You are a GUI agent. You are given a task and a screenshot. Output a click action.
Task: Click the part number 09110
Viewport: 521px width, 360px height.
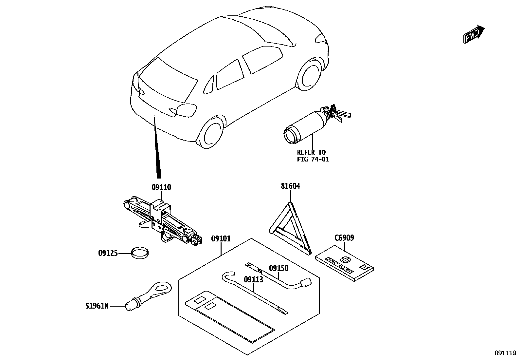click(161, 187)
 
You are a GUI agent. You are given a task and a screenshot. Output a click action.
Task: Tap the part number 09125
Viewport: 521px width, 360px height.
click(108, 253)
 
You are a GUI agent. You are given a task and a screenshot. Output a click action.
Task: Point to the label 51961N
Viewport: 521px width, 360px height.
click(97, 306)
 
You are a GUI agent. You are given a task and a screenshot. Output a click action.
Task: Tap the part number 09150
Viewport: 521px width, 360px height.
click(278, 268)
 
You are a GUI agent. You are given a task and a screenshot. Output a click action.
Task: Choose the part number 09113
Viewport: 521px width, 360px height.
click(254, 279)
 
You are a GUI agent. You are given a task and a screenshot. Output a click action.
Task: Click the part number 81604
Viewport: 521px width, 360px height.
click(290, 186)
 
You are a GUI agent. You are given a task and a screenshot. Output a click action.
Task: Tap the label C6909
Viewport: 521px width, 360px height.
click(344, 238)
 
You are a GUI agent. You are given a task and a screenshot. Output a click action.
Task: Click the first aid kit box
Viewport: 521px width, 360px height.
click(345, 264)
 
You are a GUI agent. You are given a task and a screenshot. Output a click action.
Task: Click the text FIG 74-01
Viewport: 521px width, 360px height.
click(313, 160)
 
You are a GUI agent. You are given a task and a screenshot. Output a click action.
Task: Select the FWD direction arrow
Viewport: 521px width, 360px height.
click(474, 34)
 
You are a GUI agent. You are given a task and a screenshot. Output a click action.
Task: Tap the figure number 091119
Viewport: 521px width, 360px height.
click(505, 353)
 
